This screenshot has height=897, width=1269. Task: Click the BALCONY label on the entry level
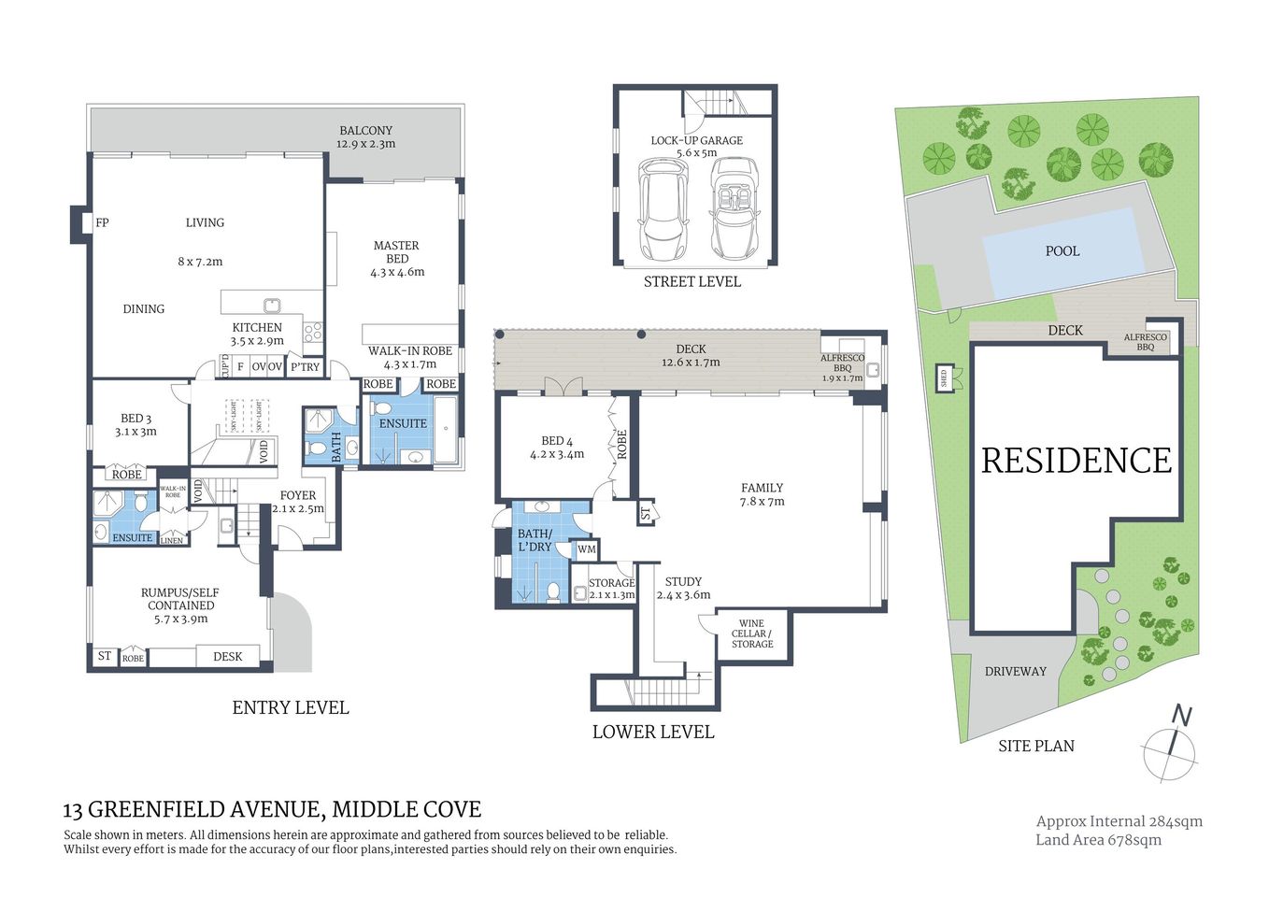pyautogui.click(x=365, y=131)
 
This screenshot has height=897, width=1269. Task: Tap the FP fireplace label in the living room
pyautogui.click(x=102, y=223)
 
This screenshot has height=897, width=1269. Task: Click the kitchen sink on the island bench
pyautogui.click(x=272, y=304)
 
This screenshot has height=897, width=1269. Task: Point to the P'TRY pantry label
pyautogui.click(x=305, y=367)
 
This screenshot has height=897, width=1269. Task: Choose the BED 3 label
pyautogui.click(x=135, y=419)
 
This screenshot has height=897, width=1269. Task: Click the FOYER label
pyautogui.click(x=297, y=496)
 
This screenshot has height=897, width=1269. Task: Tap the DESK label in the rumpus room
pyautogui.click(x=227, y=657)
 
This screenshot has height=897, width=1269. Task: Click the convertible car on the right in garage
pyautogui.click(x=734, y=209)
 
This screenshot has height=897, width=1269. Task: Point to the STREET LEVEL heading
pyautogui.click(x=692, y=282)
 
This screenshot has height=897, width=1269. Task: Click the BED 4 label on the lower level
pyautogui.click(x=557, y=441)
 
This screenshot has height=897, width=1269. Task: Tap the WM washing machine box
pyautogui.click(x=586, y=549)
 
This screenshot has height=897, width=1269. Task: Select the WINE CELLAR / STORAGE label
pyautogui.click(x=751, y=634)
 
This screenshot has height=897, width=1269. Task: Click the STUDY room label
pyautogui.click(x=683, y=581)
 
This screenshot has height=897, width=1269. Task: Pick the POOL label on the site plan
pyautogui.click(x=1062, y=251)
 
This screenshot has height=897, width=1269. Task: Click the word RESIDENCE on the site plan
pyautogui.click(x=1076, y=461)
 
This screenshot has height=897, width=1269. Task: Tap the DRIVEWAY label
pyautogui.click(x=1015, y=672)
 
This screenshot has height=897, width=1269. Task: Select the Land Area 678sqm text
pyautogui.click(x=1098, y=840)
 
